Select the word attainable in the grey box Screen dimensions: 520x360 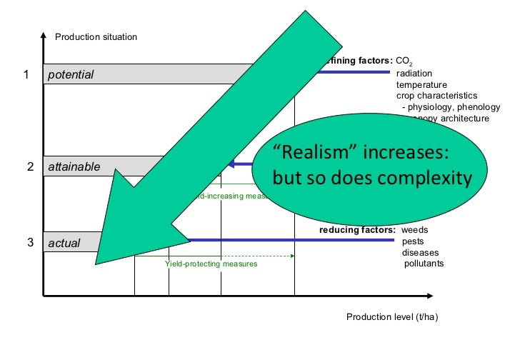(74, 167)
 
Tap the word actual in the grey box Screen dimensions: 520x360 (64, 244)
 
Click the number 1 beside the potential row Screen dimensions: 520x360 (26, 74)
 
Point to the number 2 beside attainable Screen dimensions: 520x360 (31, 167)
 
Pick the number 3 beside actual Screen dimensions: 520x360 (31, 243)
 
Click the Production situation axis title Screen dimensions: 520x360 (96, 36)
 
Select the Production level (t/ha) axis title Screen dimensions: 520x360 (391, 318)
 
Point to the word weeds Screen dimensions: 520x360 (415, 231)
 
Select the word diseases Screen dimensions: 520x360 (420, 253)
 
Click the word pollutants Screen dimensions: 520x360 (424, 264)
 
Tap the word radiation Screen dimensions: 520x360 (414, 73)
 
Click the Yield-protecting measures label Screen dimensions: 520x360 (211, 264)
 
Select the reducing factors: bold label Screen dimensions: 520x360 (356, 231)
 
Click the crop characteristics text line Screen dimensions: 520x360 (436, 96)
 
